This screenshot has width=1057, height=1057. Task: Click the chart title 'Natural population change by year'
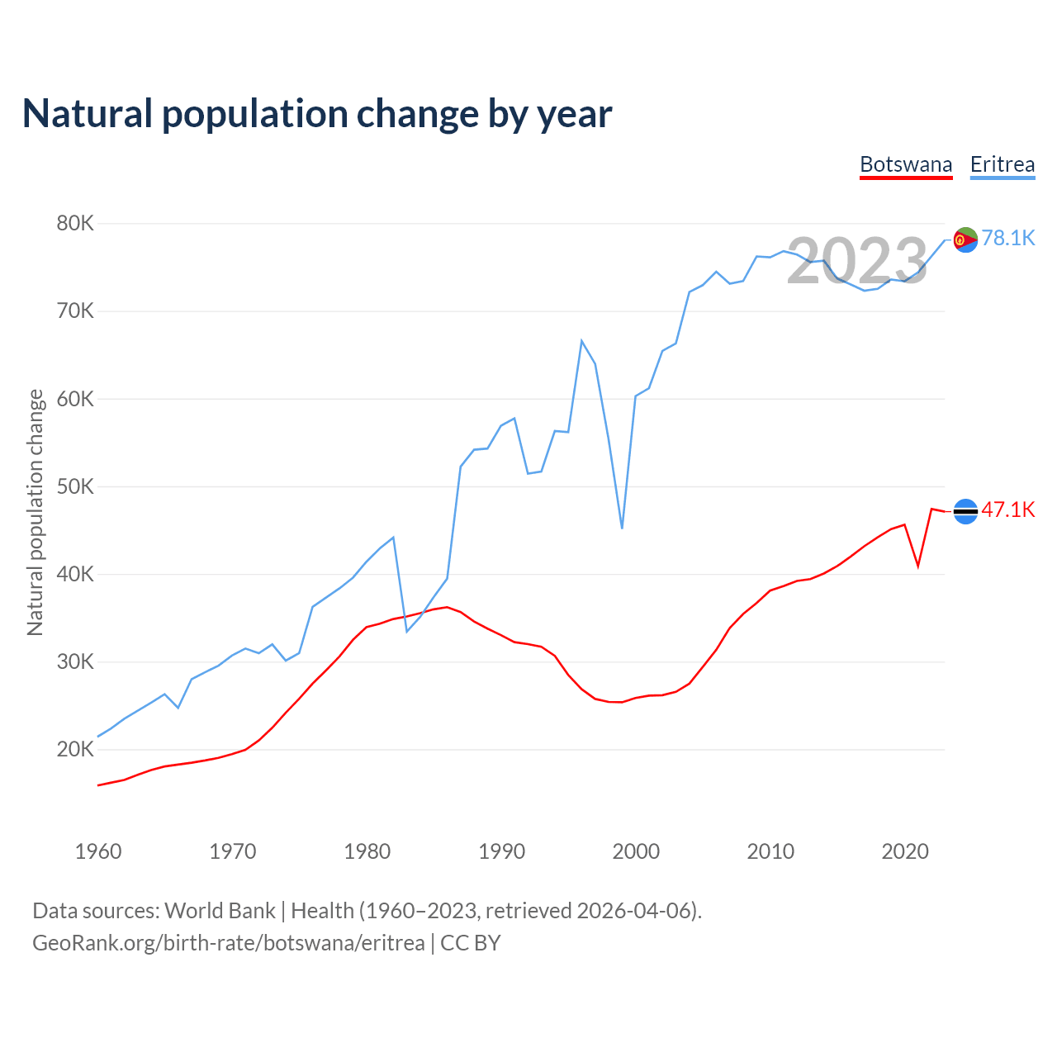coord(317,114)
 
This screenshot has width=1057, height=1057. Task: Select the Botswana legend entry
coord(906,164)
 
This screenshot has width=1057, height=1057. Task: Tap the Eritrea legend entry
coord(1002,164)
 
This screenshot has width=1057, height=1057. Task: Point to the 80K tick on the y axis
coord(76,224)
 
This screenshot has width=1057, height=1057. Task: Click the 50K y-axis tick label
coord(76,486)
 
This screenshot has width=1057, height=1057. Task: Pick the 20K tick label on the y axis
coord(76,750)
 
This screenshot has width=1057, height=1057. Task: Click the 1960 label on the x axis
coord(98,851)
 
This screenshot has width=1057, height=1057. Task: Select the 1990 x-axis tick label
coord(501,851)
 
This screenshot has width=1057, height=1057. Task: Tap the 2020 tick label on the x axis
coord(905,851)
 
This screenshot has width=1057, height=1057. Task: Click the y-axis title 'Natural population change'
coord(36,513)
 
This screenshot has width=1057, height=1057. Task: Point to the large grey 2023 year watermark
coord(857,261)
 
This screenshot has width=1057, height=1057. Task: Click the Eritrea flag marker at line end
coord(965,239)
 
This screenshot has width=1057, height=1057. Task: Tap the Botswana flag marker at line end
coord(965,511)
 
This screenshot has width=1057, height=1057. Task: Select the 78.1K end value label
coord(1008,239)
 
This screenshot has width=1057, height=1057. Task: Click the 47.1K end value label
coord(1008,510)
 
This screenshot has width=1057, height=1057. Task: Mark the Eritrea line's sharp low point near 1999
coord(622,528)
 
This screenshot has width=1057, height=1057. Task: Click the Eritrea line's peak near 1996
coord(581,340)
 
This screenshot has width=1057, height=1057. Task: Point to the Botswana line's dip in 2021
coord(918,566)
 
